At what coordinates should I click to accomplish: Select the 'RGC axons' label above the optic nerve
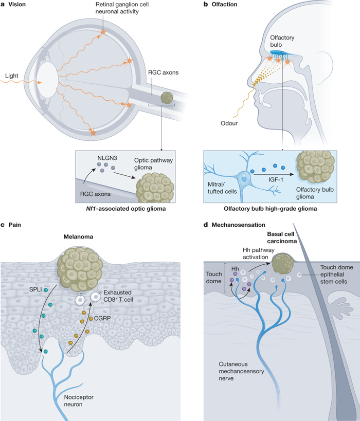coord(161,72)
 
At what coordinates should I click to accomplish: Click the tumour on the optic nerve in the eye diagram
coord(167,98)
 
